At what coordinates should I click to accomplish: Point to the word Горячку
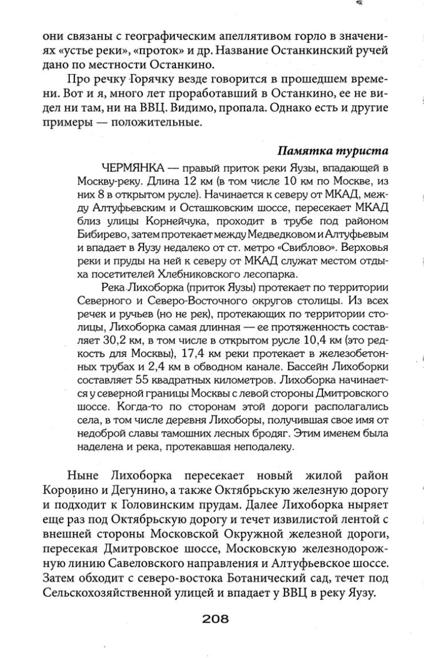coord(128,79)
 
